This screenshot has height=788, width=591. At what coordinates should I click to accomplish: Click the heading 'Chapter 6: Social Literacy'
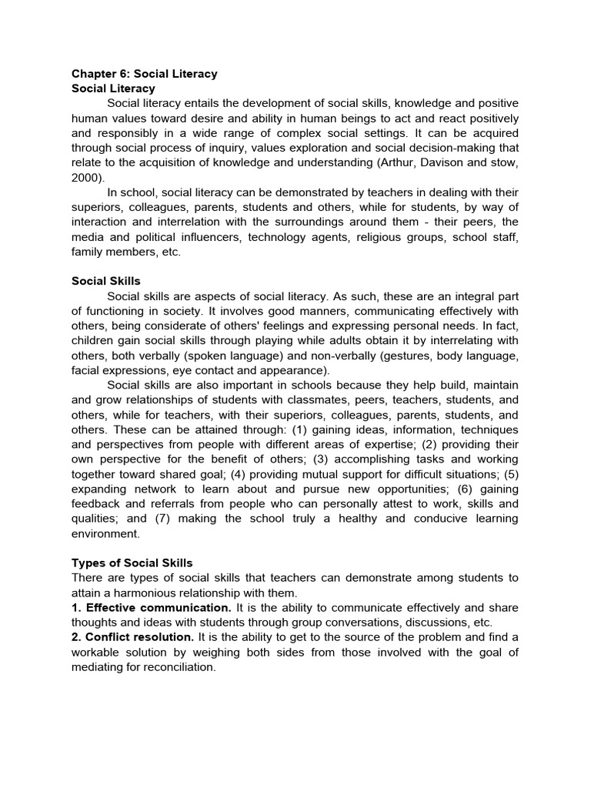145,74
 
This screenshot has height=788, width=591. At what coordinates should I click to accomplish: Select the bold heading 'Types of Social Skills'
132,563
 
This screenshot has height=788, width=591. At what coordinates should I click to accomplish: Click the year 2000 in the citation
85,177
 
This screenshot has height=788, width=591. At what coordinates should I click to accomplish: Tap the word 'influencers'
211,237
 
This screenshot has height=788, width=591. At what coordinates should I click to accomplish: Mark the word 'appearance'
299,370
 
